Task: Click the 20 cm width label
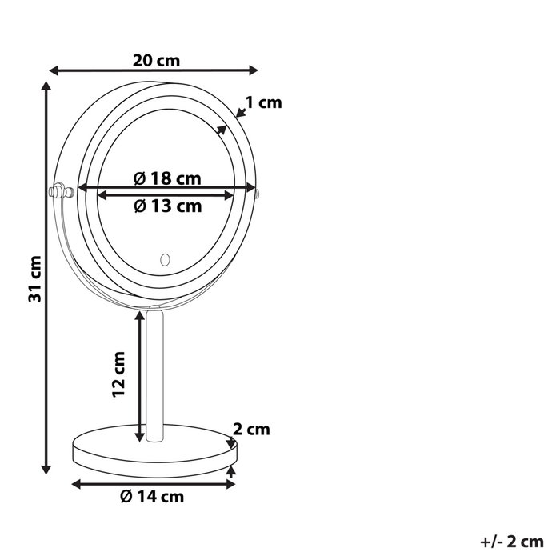pyautogui.click(x=157, y=60)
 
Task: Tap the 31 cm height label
pyautogui.click(x=34, y=280)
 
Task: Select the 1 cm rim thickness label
pyautogui.click(x=264, y=102)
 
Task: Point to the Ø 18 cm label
pyautogui.click(x=167, y=178)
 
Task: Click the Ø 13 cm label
pyautogui.click(x=167, y=206)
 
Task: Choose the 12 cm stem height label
pyautogui.click(x=118, y=374)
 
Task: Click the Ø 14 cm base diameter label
pyautogui.click(x=152, y=497)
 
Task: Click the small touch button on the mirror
pyautogui.click(x=166, y=259)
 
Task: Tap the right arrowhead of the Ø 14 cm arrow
pyautogui.click(x=233, y=483)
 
